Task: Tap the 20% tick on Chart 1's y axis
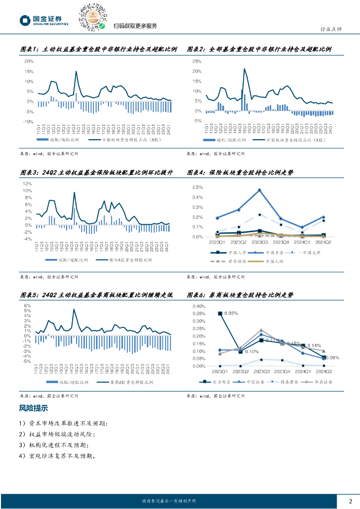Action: [x=29, y=62]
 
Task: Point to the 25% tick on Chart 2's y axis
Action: [x=197, y=62]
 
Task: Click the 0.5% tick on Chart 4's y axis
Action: [x=197, y=187]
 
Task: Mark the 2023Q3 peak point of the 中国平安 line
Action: [x=260, y=190]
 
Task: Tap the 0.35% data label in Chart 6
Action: [x=231, y=314]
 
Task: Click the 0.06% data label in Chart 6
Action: [x=332, y=358]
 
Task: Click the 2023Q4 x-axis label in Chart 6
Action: [x=282, y=371]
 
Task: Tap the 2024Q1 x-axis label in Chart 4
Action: [x=302, y=242]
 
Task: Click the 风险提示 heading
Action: [x=33, y=409]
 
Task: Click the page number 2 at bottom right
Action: [x=351, y=501]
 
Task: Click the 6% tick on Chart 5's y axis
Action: [x=29, y=306]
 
